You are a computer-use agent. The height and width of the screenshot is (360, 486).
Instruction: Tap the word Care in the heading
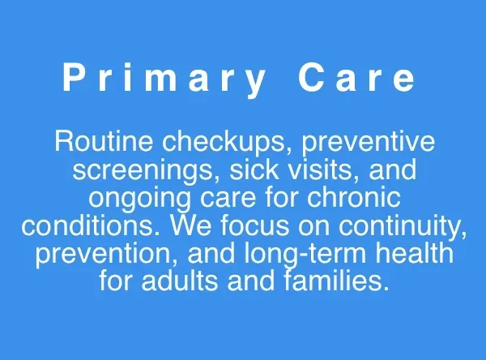(x=357, y=79)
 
